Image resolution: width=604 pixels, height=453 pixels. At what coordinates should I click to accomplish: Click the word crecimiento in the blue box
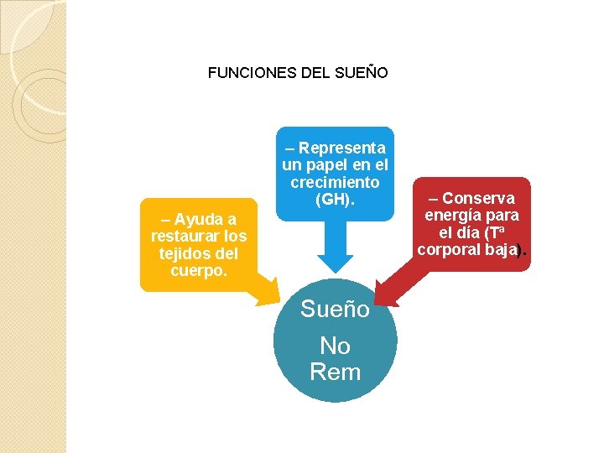coord(335,182)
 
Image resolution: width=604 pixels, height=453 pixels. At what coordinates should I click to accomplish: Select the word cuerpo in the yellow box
coord(196,270)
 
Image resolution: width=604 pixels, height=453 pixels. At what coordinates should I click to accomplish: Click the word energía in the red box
coord(454,216)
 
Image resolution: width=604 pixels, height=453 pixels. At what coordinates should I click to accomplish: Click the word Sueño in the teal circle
coord(335,310)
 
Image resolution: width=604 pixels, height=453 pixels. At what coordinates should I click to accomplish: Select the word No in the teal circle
coord(335,346)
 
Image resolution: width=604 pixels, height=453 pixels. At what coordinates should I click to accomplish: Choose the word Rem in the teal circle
coord(335,372)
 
